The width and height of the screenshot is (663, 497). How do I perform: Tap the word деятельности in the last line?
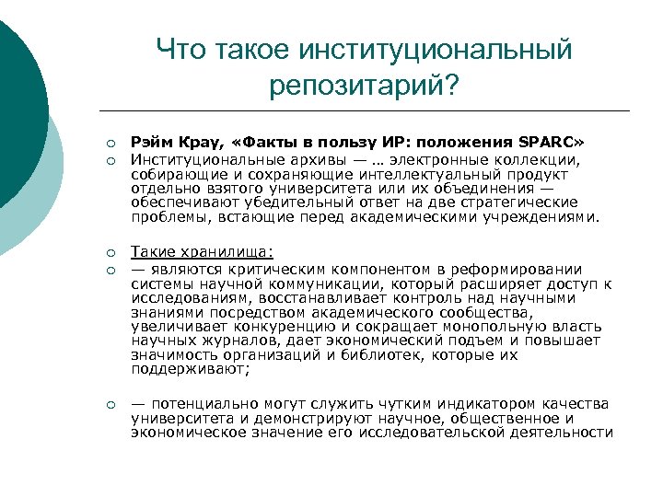554,432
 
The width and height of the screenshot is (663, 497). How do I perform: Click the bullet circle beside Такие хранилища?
109,252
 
